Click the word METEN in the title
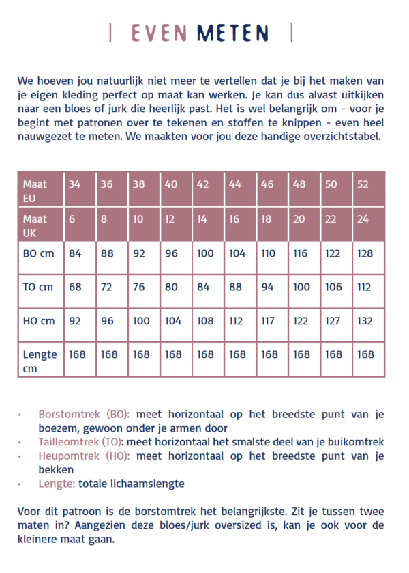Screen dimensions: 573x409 (x=232, y=33)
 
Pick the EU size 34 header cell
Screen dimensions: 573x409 (x=75, y=184)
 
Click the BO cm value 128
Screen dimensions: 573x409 (x=366, y=253)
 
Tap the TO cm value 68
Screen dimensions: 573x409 (x=75, y=287)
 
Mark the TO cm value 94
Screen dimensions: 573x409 (x=267, y=287)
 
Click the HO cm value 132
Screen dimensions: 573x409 (x=366, y=321)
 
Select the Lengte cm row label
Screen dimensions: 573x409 (x=40, y=361)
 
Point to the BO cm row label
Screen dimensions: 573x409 (x=38, y=253)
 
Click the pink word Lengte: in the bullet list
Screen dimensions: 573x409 (x=57, y=484)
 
